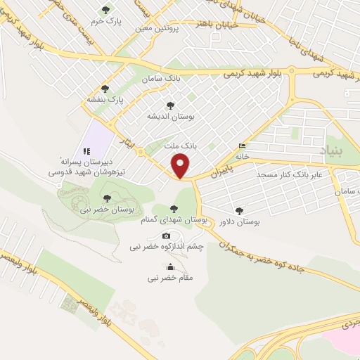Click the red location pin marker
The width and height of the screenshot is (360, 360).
(x=181, y=166)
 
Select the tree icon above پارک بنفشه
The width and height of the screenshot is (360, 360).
(x=105, y=89)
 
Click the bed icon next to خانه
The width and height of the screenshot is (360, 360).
(x=243, y=146)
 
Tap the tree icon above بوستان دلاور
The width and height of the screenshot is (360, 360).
(x=240, y=210)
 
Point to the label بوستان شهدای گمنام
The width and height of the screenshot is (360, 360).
(x=178, y=219)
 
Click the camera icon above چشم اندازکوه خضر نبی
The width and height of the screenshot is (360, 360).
(x=167, y=236)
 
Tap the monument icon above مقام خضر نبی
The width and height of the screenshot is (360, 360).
(x=169, y=266)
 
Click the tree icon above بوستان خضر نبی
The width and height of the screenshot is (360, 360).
(x=106, y=179)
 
